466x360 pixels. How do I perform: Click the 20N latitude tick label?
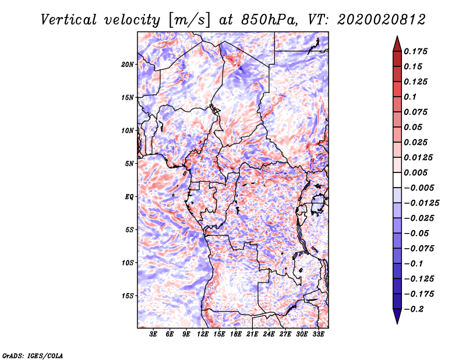pyautogui.click(x=128, y=64)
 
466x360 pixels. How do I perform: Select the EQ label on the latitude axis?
pyautogui.click(x=129, y=196)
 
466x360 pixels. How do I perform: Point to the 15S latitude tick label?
pyautogui.click(x=128, y=295)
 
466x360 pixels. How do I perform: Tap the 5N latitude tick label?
pyautogui.click(x=129, y=163)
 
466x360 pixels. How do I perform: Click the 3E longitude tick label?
pyautogui.click(x=154, y=334)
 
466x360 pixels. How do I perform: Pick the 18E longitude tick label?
pyautogui.click(x=236, y=334)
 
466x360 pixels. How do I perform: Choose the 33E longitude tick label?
pyautogui.click(x=318, y=334)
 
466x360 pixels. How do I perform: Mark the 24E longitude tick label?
pyautogui.click(x=269, y=334)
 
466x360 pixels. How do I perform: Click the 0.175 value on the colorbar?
pyautogui.click(x=416, y=51)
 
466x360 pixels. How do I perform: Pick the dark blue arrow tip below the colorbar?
pyautogui.click(x=396, y=319)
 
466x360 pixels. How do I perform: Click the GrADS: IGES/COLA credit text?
pyautogui.click(x=32, y=355)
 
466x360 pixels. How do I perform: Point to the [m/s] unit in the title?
pyautogui.click(x=187, y=20)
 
